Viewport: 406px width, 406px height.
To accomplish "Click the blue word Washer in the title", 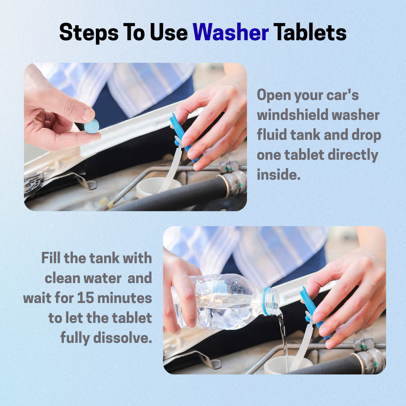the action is (x=231, y=32).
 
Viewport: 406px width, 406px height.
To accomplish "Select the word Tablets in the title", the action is (x=310, y=32).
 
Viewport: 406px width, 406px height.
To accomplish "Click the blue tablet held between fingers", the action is (x=92, y=127).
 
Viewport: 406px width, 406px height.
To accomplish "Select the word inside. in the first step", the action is (x=279, y=174).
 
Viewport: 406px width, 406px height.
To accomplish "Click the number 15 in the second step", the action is (x=85, y=298).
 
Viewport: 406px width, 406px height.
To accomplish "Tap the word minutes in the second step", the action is (x=124, y=298).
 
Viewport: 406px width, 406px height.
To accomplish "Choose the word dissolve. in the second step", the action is (x=123, y=338).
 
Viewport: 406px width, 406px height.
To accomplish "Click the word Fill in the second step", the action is (x=51, y=258).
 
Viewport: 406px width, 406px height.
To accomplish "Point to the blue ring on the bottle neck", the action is (x=266, y=301).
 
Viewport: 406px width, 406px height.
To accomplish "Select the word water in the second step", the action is (x=103, y=278).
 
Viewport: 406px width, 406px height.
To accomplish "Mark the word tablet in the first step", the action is (x=304, y=155).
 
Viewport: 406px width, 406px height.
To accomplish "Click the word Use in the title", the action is (x=168, y=32).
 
